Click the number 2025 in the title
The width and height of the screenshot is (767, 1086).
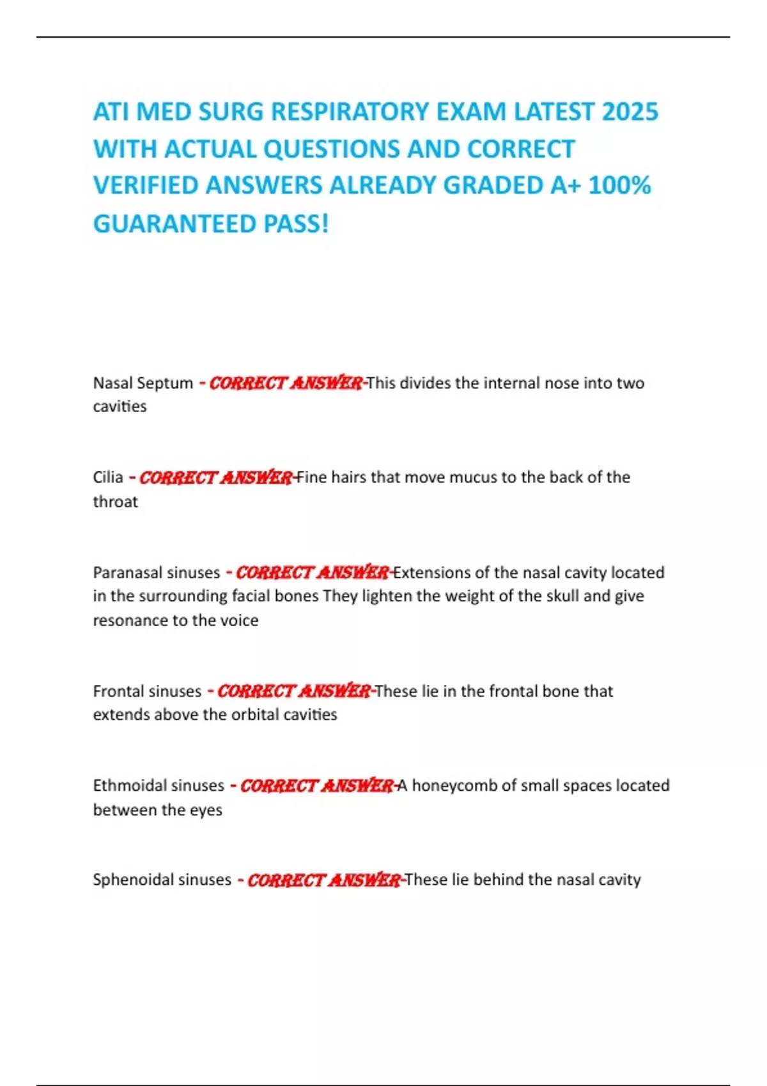pos(630,112)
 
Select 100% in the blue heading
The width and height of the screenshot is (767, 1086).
pos(619,185)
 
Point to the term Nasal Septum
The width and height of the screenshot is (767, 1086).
pos(143,383)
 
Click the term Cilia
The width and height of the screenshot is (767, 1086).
pos(108,477)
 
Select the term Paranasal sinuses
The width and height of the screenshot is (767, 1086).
pos(156,572)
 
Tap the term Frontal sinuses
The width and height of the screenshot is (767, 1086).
pos(147,691)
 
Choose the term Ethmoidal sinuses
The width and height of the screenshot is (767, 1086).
pos(159,785)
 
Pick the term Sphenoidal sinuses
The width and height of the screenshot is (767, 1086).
pos(162,880)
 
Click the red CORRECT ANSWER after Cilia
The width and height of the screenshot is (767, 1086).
pos(215,477)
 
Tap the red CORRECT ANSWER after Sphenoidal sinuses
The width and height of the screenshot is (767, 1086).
pos(323,880)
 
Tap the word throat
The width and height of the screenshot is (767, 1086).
pos(115,501)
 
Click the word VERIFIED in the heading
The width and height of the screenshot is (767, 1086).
pos(145,185)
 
